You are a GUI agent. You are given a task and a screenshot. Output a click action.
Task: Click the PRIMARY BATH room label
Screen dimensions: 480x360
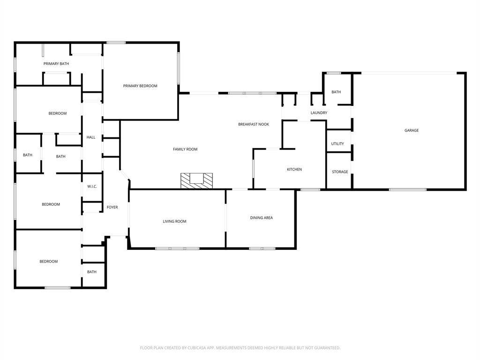pos(56,64)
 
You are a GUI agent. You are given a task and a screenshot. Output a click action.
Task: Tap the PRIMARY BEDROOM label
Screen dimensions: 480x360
pos(140,86)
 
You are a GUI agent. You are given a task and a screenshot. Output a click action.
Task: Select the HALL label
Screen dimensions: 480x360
pos(91,137)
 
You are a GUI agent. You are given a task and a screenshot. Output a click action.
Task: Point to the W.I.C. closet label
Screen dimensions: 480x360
pos(92,187)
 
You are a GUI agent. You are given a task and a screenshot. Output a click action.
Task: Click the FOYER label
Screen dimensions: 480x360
pos(112,207)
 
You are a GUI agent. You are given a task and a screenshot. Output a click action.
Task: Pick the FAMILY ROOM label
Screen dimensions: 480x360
pos(185,150)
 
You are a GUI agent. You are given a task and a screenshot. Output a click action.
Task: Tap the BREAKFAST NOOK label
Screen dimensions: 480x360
pos(254,124)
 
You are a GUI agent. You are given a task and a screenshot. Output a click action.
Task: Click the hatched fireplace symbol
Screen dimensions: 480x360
pos(196,180)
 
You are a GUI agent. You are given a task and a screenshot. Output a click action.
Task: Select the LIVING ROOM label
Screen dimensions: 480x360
pos(174,221)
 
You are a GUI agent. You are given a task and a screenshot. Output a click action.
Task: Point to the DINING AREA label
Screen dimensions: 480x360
pos(262,217)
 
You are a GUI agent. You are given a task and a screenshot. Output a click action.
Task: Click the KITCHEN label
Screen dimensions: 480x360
pos(294,169)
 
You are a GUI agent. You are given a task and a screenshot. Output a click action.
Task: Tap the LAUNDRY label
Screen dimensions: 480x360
pos(319,112)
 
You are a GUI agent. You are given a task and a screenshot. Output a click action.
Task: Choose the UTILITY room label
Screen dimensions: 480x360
pos(337,143)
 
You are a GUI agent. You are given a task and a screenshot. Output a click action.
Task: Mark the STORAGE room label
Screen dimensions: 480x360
pos(340,172)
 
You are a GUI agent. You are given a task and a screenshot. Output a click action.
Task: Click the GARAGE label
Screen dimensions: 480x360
pos(412,130)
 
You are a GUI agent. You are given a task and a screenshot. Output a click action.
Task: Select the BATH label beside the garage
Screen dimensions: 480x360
pos(336,92)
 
